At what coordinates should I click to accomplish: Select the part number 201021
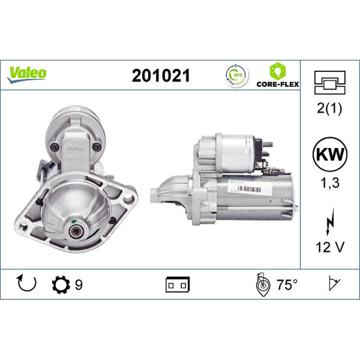pyautogui.click(x=160, y=76)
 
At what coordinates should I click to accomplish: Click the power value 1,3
pyautogui.click(x=330, y=183)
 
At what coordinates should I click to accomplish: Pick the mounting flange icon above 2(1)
pyautogui.click(x=330, y=82)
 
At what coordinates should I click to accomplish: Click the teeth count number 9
pyautogui.click(x=79, y=285)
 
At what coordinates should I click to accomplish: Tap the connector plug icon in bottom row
pyautogui.click(x=178, y=285)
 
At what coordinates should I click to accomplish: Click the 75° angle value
pyautogui.click(x=287, y=285)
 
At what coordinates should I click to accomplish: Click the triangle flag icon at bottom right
pyautogui.click(x=333, y=284)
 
